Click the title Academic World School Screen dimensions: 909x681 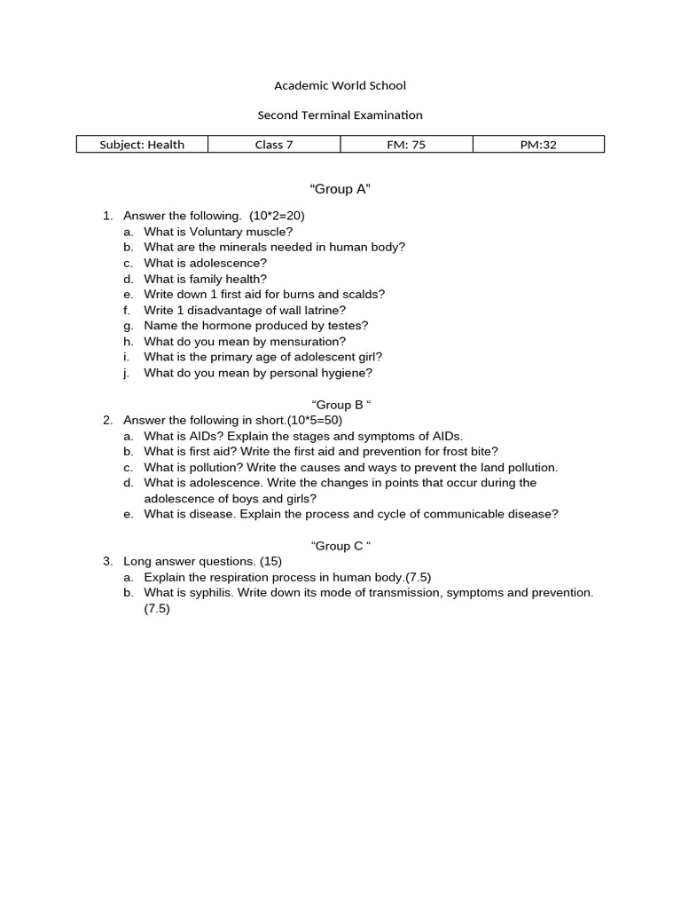tap(340, 85)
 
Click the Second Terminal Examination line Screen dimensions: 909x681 tap(340, 115)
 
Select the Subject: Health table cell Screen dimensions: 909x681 tap(142, 145)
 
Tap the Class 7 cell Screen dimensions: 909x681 tap(274, 145)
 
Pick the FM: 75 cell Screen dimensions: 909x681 tap(406, 145)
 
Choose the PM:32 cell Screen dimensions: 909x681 tap(538, 145)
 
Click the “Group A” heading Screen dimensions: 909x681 tap(340, 189)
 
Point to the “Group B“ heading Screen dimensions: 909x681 tap(340, 405)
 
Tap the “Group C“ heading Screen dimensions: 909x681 tap(340, 546)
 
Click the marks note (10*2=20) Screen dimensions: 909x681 tap(278, 216)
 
